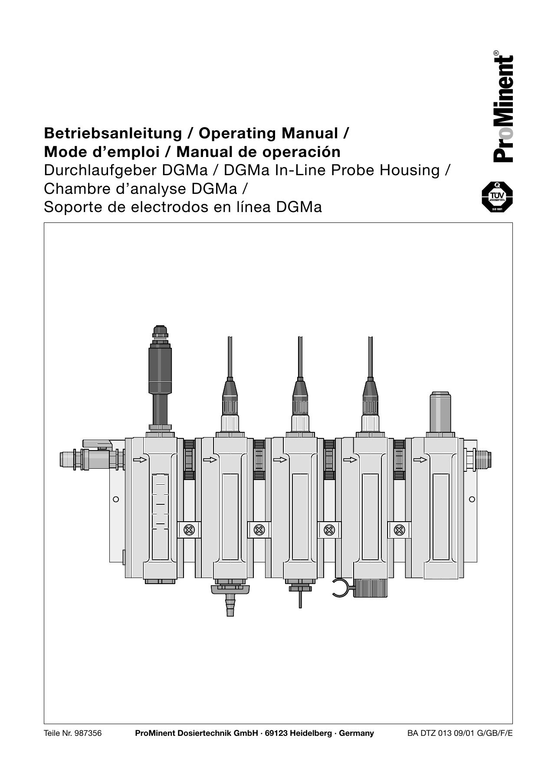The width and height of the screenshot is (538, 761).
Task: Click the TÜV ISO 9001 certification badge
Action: [x=497, y=197]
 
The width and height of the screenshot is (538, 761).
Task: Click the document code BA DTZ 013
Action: [x=430, y=733]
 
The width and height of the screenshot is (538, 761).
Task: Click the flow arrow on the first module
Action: [x=140, y=460]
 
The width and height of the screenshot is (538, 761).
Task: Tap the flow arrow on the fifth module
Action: [x=420, y=460]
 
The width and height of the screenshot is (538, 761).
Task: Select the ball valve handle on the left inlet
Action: [x=98, y=444]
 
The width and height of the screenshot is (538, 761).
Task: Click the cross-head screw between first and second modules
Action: [x=189, y=529]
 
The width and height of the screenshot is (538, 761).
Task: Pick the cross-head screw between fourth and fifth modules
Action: [x=399, y=529]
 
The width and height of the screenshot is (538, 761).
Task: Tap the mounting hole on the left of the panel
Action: [x=116, y=499]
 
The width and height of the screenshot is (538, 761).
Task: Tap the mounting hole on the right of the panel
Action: [x=472, y=499]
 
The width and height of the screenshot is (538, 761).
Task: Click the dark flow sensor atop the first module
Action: [x=160, y=369]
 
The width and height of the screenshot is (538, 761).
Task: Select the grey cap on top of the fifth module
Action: [x=440, y=412]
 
